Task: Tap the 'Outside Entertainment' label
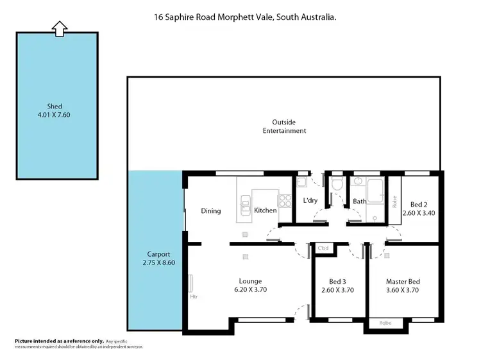[x=284, y=126]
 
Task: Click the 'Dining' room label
[x=211, y=210]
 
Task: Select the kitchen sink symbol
[x=244, y=207]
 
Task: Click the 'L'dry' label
[x=310, y=201]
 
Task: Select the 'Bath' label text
[x=359, y=201]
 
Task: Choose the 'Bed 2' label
[x=419, y=204]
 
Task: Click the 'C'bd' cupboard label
[x=323, y=248]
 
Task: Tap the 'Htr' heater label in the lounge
[x=193, y=297]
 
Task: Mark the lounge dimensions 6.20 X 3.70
[x=250, y=290]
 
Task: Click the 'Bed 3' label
[x=338, y=281]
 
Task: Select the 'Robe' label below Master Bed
[x=385, y=323]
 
